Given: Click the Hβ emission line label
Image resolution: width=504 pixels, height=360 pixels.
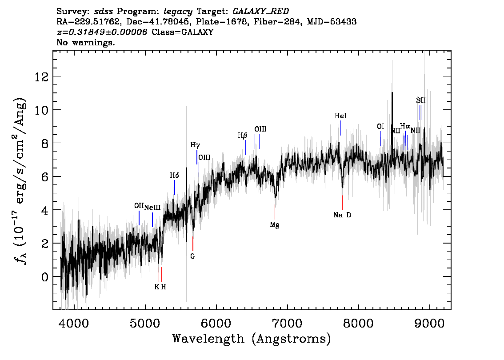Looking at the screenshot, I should pyautogui.click(x=242, y=136).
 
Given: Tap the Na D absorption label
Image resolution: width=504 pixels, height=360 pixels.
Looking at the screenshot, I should pyautogui.click(x=342, y=215).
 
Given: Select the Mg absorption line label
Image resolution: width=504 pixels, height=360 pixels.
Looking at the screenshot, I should pyautogui.click(x=275, y=225).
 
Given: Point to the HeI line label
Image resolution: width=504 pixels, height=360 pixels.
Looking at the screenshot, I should pyautogui.click(x=340, y=116).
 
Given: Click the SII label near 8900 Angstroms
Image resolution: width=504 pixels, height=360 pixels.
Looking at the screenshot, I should pyautogui.click(x=420, y=101).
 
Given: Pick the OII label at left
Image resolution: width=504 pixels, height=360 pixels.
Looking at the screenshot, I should pyautogui.click(x=139, y=206).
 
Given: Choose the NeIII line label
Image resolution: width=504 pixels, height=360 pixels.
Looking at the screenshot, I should pyautogui.click(x=152, y=207).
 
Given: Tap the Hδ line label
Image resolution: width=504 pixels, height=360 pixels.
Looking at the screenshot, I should pyautogui.click(x=174, y=176).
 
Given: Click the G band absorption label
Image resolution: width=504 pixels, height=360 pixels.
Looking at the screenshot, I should pyautogui.click(x=192, y=256).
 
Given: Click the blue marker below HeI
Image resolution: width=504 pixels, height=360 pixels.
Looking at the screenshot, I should pyautogui.click(x=340, y=128).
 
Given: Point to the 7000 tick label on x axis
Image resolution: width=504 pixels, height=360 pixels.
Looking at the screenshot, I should pyautogui.click(x=288, y=322).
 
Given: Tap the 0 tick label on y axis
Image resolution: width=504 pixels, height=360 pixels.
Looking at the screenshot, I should pyautogui.click(x=44, y=276).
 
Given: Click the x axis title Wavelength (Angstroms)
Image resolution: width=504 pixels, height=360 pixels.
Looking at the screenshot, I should pyautogui.click(x=252, y=339).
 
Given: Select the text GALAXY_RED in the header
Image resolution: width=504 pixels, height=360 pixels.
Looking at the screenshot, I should pyautogui.click(x=258, y=11).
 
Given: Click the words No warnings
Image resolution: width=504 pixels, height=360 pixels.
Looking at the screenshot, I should pyautogui.click(x=86, y=43).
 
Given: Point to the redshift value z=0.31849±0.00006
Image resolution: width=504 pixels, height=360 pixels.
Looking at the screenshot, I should pyautogui.click(x=102, y=32).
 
